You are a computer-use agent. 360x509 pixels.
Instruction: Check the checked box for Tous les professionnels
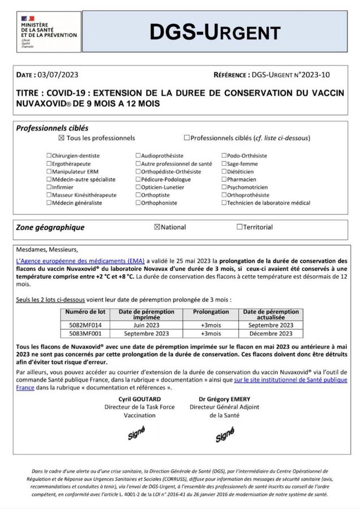coord(61,137)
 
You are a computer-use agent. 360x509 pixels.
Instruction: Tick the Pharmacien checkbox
coord(223,179)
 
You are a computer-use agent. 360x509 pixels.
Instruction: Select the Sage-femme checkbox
coord(223,163)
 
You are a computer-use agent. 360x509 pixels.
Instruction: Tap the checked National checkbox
coord(157,227)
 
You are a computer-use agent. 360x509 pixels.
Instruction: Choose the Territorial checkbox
coord(239,227)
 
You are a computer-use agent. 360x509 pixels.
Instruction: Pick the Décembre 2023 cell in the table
coord(271,333)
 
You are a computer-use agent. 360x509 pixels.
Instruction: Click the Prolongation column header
coord(211,312)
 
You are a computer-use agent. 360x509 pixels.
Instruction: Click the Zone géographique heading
coord(50,227)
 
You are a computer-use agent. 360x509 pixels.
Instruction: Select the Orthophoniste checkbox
coord(138,203)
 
